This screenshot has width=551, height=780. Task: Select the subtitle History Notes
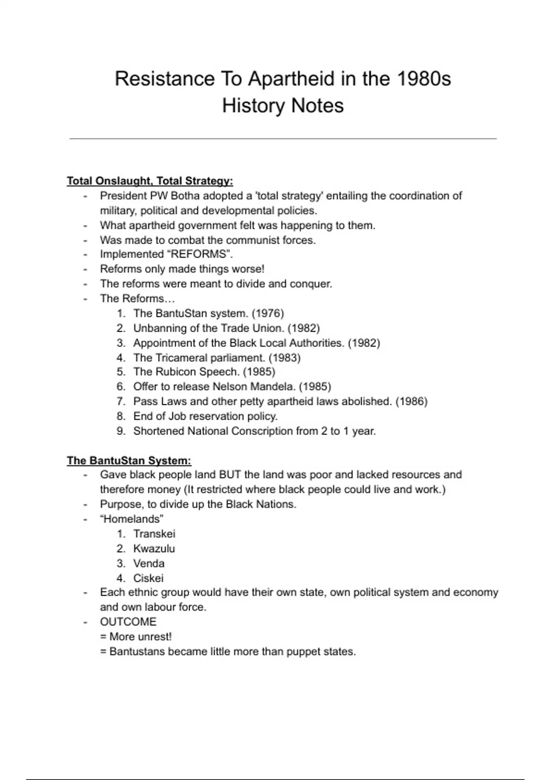[283, 106]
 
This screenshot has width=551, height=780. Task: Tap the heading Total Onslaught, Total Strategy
[150, 181]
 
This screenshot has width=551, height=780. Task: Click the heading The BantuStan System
[129, 460]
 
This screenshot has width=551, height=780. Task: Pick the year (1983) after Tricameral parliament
[284, 357]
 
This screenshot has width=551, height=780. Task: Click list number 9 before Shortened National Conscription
[121, 431]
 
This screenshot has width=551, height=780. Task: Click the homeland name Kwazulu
[154, 549]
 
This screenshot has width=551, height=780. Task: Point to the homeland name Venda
[149, 563]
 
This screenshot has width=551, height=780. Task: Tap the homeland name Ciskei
[148, 578]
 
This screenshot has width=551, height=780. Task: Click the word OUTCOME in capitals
[128, 622]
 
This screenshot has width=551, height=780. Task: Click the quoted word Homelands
[132, 519]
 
